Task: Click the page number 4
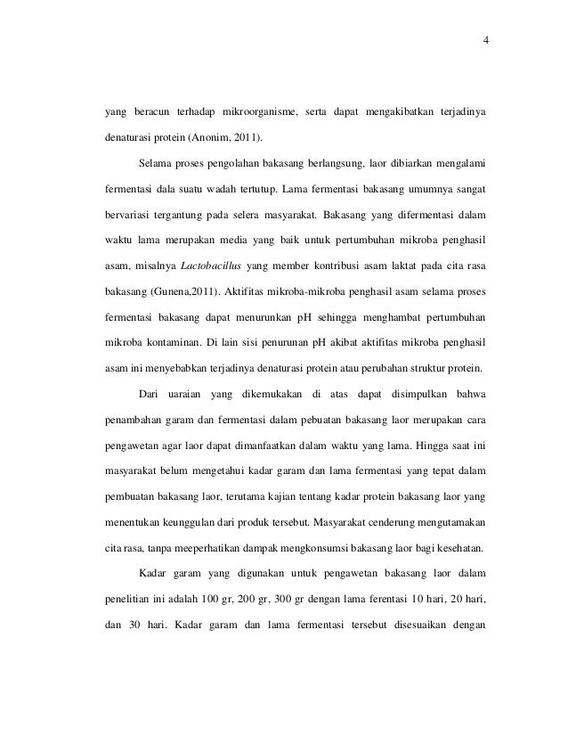coord(486,39)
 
